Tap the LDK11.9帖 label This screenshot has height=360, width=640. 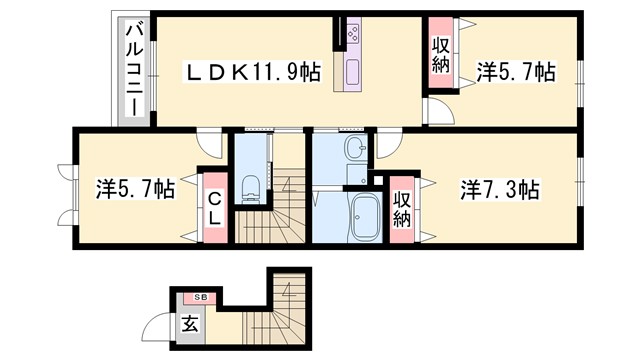[250, 72]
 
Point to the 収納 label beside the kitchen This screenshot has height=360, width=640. [441, 56]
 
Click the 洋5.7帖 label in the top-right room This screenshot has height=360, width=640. [515, 72]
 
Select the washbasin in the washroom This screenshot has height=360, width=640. [355, 152]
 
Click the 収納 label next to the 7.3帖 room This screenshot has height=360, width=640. [403, 208]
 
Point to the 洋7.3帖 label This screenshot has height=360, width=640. [500, 189]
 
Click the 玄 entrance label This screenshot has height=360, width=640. [190, 323]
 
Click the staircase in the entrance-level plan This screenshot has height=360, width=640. [287, 301]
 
